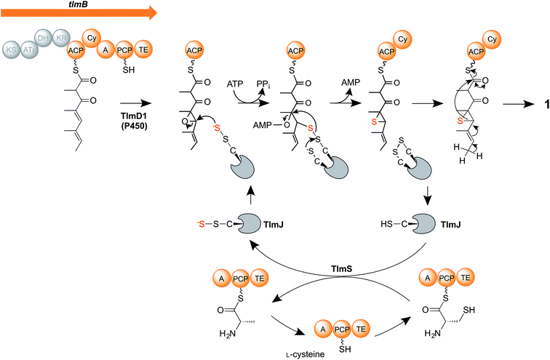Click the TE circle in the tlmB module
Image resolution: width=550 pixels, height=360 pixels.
(144, 49)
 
